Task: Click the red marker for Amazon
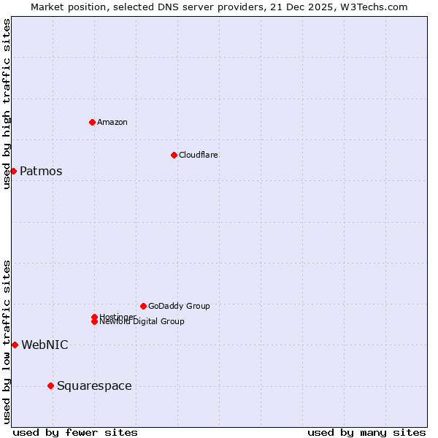click(92, 122)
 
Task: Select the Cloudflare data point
click(174, 155)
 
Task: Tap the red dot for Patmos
click(13, 171)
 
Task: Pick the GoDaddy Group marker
click(143, 306)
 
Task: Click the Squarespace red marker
click(50, 385)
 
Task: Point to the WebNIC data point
click(15, 345)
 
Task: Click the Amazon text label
click(112, 122)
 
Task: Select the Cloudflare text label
click(199, 155)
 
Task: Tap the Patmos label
click(41, 172)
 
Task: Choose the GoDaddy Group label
click(179, 306)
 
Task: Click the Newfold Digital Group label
click(142, 322)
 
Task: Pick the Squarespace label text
click(94, 386)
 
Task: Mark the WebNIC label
click(45, 345)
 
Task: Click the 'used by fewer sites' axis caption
click(75, 433)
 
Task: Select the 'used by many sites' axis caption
click(366, 433)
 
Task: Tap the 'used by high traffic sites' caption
click(7, 104)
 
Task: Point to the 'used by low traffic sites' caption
click(7, 342)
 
